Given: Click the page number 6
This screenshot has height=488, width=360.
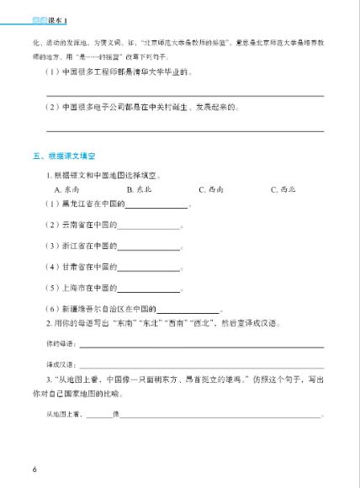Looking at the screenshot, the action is point(34,468).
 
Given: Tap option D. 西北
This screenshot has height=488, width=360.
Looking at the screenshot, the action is point(283,189).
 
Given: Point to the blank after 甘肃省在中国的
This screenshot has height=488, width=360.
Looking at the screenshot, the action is point(149,268).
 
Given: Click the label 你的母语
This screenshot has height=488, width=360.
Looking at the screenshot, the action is point(58,344).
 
